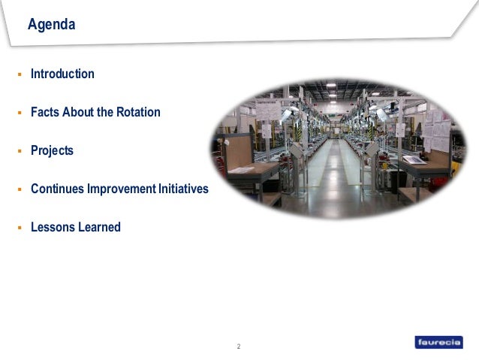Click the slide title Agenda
click(51, 25)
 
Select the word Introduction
click(62, 74)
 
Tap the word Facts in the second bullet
click(44, 112)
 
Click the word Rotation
click(137, 112)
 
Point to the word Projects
click(52, 150)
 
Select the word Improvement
click(119, 189)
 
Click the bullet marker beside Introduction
click(20, 74)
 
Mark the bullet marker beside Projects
click(20, 151)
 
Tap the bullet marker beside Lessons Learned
click(20, 228)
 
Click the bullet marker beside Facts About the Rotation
click(20, 113)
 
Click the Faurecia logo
click(441, 342)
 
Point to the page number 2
click(239, 346)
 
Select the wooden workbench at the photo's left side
click(245, 170)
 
